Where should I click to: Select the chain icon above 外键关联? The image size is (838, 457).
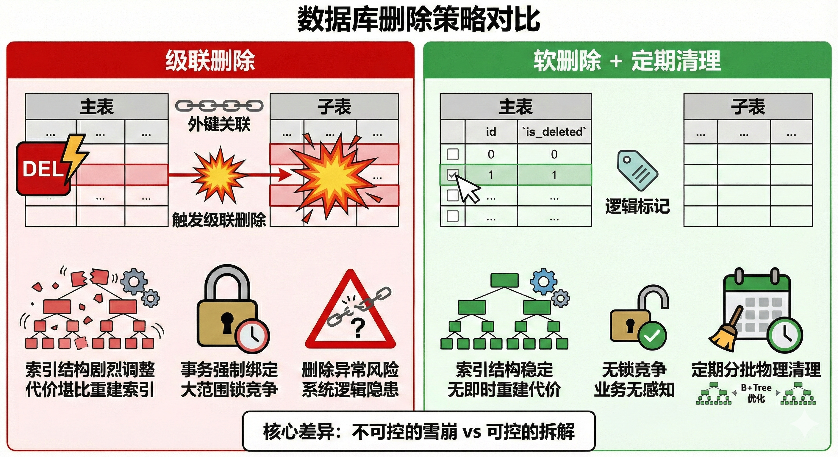(x=219, y=106)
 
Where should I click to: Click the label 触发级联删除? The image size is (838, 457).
(x=219, y=220)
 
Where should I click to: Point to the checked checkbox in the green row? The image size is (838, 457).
(x=453, y=175)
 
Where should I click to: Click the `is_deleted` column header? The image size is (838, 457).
(x=554, y=132)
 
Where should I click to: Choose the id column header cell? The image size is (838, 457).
(x=491, y=132)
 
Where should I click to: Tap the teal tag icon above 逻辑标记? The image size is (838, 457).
(x=637, y=170)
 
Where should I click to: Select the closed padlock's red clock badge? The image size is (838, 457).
(x=253, y=336)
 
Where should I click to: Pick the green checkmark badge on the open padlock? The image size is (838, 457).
(x=652, y=336)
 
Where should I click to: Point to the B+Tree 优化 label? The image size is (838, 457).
(x=756, y=393)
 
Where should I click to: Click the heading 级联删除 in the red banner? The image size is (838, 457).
(x=210, y=61)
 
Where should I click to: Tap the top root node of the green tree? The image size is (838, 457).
(x=504, y=280)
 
